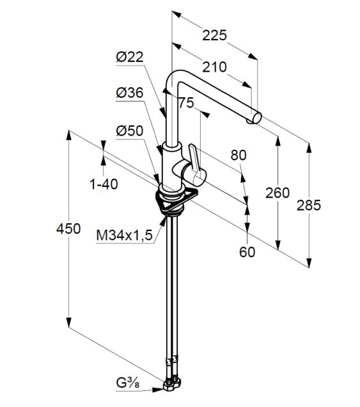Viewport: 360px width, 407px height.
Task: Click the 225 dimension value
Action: point(214,35)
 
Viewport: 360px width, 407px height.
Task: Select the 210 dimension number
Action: point(214,67)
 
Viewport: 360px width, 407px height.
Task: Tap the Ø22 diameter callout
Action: point(130,57)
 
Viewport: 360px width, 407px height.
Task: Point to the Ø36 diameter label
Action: point(130,93)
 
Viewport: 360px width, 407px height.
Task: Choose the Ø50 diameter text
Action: point(130,131)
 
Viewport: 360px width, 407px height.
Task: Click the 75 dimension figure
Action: point(186,103)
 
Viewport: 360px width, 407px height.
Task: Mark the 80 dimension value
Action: point(239,156)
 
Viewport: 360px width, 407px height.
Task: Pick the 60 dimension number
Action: point(247,251)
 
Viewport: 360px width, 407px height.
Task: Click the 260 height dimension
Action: point(278,193)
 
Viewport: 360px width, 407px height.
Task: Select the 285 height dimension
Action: point(309,205)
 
